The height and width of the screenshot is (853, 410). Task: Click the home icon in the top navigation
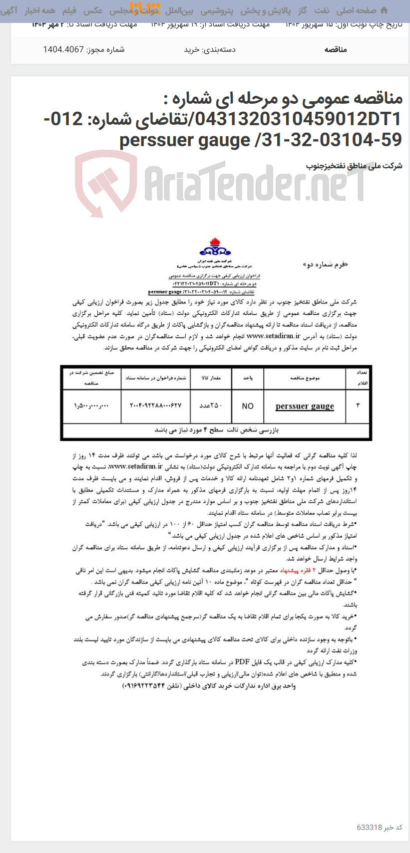384,10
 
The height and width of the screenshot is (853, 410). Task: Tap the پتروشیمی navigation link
217,10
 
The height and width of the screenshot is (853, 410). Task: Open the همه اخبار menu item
40,10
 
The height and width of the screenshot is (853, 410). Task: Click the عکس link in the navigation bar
93,10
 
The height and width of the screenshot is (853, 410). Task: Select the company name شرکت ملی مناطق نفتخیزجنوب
354,166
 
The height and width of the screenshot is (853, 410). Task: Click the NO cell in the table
248,406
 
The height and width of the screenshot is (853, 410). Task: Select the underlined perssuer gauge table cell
305,406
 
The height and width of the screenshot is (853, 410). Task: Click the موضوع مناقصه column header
305,378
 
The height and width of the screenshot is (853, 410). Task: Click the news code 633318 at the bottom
369,827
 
